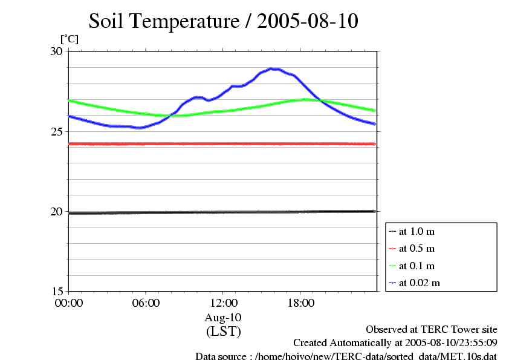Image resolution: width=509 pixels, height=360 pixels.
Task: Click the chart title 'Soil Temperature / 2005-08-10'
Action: pyautogui.click(x=224, y=21)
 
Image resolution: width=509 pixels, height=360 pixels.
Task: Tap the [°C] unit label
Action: pyautogui.click(x=69, y=39)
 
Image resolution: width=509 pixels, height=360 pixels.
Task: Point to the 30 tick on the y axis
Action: pyautogui.click(x=56, y=51)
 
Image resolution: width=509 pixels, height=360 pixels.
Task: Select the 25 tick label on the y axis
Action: pyautogui.click(x=56, y=131)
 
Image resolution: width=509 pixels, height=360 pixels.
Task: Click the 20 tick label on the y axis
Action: pyautogui.click(x=56, y=211)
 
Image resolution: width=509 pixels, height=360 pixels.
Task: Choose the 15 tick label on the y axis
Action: pyautogui.click(x=56, y=291)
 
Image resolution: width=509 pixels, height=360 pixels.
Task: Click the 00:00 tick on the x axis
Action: pyautogui.click(x=68, y=303)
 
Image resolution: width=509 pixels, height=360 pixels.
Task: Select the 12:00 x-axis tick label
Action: pyautogui.click(x=223, y=303)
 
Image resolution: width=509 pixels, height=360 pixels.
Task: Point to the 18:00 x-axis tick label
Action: pyautogui.click(x=300, y=303)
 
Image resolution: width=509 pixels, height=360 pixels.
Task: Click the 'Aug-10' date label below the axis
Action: pyautogui.click(x=223, y=317)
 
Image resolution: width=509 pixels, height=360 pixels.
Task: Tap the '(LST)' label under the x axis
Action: pyautogui.click(x=223, y=331)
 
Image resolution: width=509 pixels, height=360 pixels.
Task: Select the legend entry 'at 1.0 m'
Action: pyautogui.click(x=417, y=231)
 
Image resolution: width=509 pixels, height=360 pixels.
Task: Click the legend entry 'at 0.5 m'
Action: pyautogui.click(x=417, y=249)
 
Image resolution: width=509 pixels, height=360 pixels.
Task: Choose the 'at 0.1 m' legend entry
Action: pyautogui.click(x=417, y=266)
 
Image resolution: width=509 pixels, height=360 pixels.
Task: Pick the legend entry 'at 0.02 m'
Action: pyautogui.click(x=419, y=283)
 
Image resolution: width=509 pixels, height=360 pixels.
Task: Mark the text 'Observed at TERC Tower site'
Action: pyautogui.click(x=432, y=329)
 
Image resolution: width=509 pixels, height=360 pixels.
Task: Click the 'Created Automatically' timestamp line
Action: pyautogui.click(x=395, y=343)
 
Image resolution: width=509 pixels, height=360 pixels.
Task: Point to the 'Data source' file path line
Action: pyautogui.click(x=346, y=356)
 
